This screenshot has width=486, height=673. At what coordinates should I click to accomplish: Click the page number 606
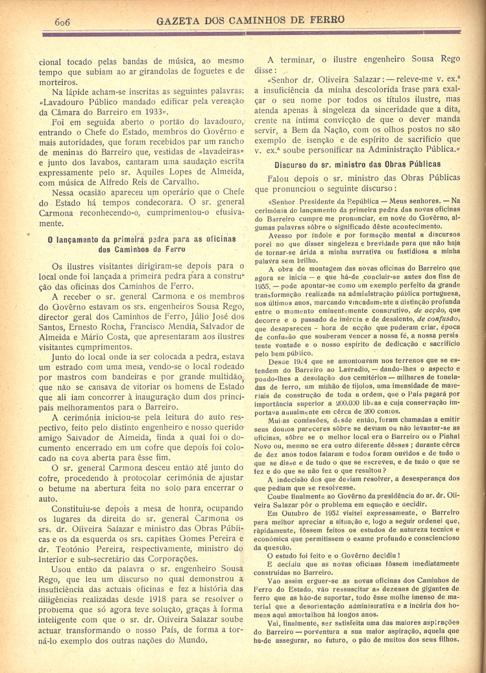(x=63, y=22)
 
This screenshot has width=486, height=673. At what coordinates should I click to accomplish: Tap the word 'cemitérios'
(x=353, y=378)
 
